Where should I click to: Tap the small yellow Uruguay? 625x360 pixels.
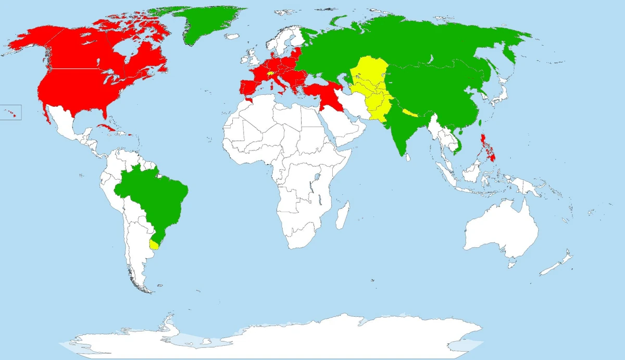(x=154, y=244)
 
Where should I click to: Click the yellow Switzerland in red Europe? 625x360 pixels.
(x=270, y=74)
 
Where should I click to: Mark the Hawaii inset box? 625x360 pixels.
(x=10, y=112)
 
